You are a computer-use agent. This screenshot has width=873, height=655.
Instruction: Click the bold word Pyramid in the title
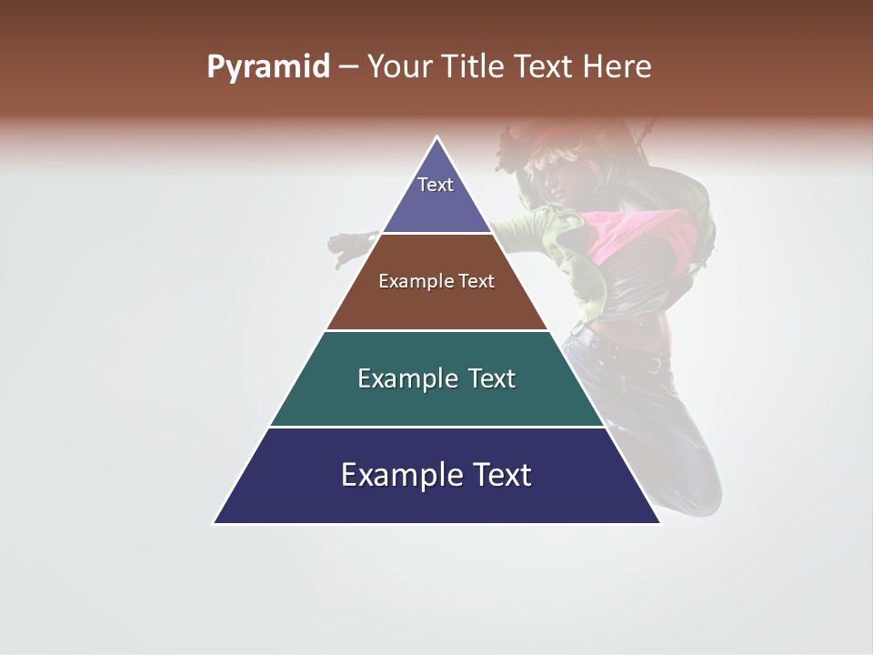[x=267, y=67]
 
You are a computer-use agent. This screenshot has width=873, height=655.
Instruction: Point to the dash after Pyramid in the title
[x=347, y=68]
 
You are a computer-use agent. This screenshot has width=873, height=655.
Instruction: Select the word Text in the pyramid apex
[x=436, y=185]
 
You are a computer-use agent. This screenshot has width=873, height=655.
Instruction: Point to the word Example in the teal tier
[x=406, y=378]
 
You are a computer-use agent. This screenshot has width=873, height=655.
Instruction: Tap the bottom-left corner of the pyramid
[x=216, y=522]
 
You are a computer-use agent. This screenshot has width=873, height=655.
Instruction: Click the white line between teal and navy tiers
[x=436, y=427]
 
